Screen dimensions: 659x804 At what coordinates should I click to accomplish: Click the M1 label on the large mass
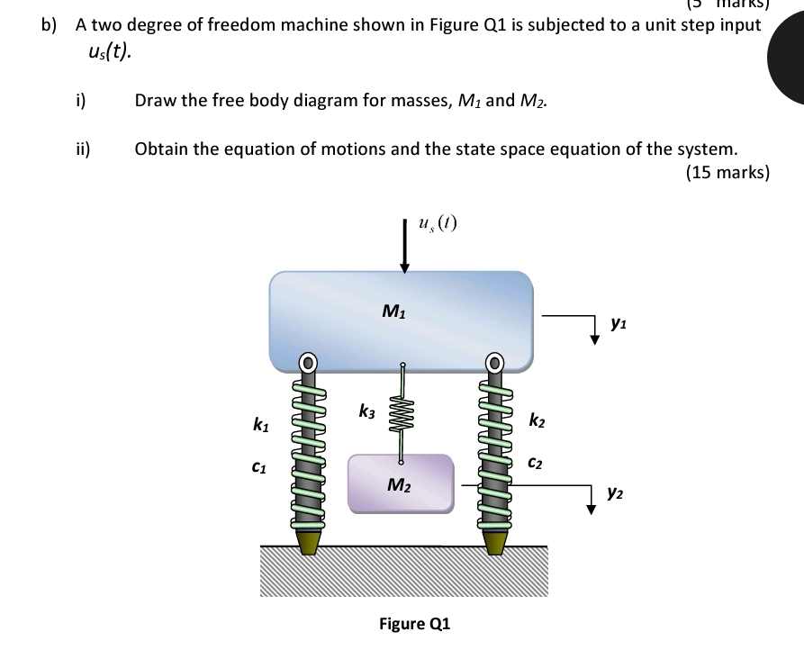coord(393,311)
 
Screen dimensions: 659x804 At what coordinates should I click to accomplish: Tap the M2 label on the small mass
coord(399,485)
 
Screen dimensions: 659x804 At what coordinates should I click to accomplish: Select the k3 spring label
coord(367,412)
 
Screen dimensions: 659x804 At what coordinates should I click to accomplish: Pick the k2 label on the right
coord(537,420)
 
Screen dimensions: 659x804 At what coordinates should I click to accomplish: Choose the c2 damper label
coord(535,463)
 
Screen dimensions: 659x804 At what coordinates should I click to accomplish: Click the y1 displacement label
coord(618,320)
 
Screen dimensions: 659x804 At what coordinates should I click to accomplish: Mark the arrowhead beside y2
coord(592,508)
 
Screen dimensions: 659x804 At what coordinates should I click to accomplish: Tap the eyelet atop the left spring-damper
coord(308,364)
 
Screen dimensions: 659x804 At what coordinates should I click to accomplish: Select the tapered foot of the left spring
coord(309,543)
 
